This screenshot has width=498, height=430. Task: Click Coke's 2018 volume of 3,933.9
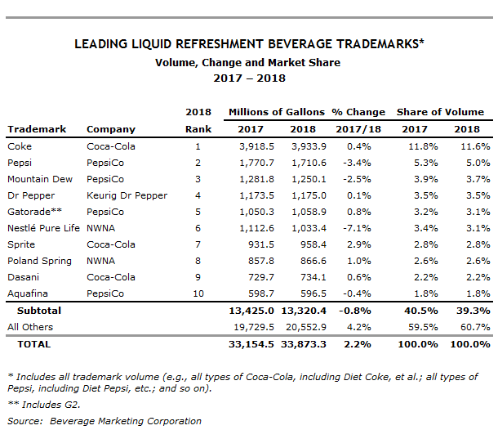coord(309,146)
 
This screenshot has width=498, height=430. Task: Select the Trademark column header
coord(37,129)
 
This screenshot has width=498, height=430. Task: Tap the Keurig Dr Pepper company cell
coord(127,195)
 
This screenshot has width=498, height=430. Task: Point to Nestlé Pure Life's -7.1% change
coord(357,228)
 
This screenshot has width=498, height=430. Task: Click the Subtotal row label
coord(39,311)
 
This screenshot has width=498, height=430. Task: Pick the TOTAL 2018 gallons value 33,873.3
coord(304,344)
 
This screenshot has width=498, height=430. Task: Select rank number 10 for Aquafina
coord(198,293)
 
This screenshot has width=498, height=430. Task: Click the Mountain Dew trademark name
coord(40,179)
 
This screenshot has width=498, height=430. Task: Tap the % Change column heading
coord(358,112)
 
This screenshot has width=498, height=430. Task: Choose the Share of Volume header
coord(440,112)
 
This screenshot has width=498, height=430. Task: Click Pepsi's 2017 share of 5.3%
coord(425,163)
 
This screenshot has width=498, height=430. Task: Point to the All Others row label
coord(30,327)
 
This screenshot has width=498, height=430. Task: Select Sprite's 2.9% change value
coord(359,244)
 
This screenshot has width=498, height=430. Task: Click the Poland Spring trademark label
coord(39,261)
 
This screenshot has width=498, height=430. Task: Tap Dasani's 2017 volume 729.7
coord(261,277)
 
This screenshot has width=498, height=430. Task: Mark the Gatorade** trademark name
coord(34,212)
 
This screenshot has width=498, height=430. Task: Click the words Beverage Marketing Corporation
coord(126,421)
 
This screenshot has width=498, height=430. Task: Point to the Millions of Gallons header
coord(277,112)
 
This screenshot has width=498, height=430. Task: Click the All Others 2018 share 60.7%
coord(475,327)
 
